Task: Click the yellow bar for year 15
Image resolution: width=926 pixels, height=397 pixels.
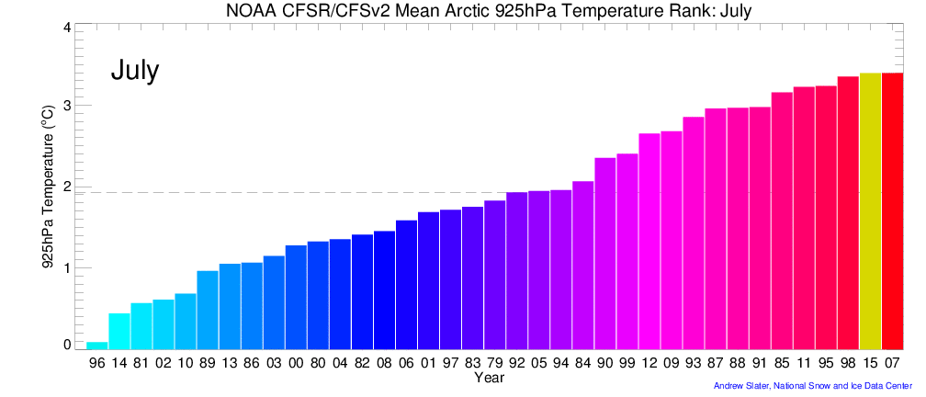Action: coord(870,211)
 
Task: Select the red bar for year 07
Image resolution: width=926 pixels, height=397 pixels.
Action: coord(892,211)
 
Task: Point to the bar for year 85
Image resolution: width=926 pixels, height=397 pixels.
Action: coord(782,221)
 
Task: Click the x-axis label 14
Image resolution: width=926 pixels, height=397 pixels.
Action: coord(119,363)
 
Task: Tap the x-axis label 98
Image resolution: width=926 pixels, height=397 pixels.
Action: coord(848,363)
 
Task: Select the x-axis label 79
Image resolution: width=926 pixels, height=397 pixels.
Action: coord(495,363)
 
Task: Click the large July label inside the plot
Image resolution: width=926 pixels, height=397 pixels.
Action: coord(135,71)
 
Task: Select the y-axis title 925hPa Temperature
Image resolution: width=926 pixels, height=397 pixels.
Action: coord(47,198)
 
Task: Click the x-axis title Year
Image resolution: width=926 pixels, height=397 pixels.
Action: coord(489,377)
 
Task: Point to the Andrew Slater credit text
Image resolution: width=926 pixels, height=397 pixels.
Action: coord(812,386)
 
